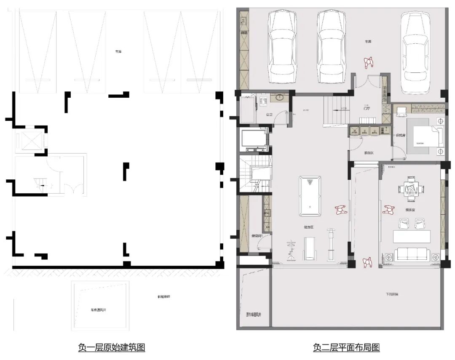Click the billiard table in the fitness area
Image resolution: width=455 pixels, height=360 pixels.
[x=310, y=196]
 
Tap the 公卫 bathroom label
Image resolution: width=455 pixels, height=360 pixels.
[x=269, y=114]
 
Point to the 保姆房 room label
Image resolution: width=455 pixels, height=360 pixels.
[x=400, y=136]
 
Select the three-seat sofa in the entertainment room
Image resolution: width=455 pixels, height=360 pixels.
[x=411, y=254]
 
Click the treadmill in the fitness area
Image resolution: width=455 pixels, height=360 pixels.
[x=310, y=248]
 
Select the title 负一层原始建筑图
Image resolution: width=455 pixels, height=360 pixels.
[x=112, y=347]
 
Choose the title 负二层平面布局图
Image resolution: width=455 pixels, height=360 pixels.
[x=346, y=347]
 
